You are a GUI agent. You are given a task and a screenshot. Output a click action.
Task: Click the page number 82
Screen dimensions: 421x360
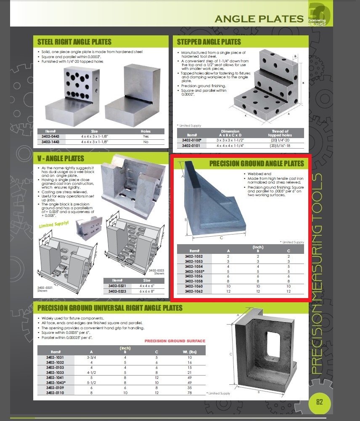point(319,402)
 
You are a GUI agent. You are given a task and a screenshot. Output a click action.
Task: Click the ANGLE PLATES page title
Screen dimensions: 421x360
point(259,19)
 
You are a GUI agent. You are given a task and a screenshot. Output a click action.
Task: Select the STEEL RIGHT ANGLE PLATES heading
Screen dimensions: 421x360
point(74,42)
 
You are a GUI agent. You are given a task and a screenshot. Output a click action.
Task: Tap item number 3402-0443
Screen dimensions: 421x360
point(50,137)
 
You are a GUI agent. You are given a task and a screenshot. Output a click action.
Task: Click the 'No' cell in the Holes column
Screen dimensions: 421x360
point(146,142)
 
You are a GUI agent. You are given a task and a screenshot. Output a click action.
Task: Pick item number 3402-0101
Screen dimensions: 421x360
point(191,146)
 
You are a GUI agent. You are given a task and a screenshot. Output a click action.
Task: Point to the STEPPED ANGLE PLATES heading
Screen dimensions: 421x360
point(209,42)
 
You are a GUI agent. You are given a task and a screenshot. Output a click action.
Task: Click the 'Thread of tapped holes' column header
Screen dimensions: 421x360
point(280,133)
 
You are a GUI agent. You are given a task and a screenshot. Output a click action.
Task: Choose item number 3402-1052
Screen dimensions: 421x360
point(193,256)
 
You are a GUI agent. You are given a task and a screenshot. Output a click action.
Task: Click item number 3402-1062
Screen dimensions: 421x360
point(193,291)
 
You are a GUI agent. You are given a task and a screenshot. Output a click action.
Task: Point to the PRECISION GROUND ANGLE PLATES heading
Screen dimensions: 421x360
point(257,163)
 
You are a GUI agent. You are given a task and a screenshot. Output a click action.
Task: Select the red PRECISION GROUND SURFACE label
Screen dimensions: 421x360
point(175,341)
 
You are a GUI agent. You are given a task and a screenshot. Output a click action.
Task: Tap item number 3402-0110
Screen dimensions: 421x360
point(56,392)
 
